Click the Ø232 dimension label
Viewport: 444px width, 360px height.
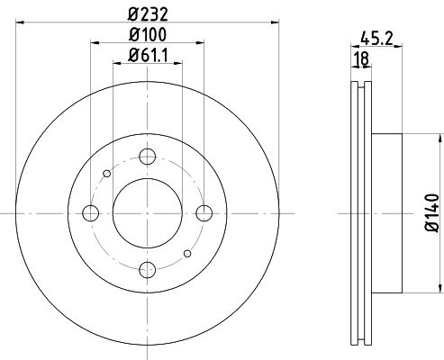pyautogui.click(x=148, y=14)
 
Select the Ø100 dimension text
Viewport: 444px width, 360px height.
pyautogui.click(x=148, y=34)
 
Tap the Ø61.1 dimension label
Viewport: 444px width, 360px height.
pyautogui.click(x=148, y=55)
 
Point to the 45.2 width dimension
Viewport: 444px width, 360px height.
pyautogui.click(x=376, y=38)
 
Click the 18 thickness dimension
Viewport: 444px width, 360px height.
pyautogui.click(x=362, y=58)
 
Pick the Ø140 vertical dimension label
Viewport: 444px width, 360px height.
pyautogui.click(x=432, y=212)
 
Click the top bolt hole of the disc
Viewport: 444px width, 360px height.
pyautogui.click(x=148, y=157)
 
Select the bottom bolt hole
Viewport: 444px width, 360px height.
pyautogui.click(x=148, y=269)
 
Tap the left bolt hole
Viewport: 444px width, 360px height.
pyautogui.click(x=90, y=213)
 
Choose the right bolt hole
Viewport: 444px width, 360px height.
pyautogui.click(x=204, y=213)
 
